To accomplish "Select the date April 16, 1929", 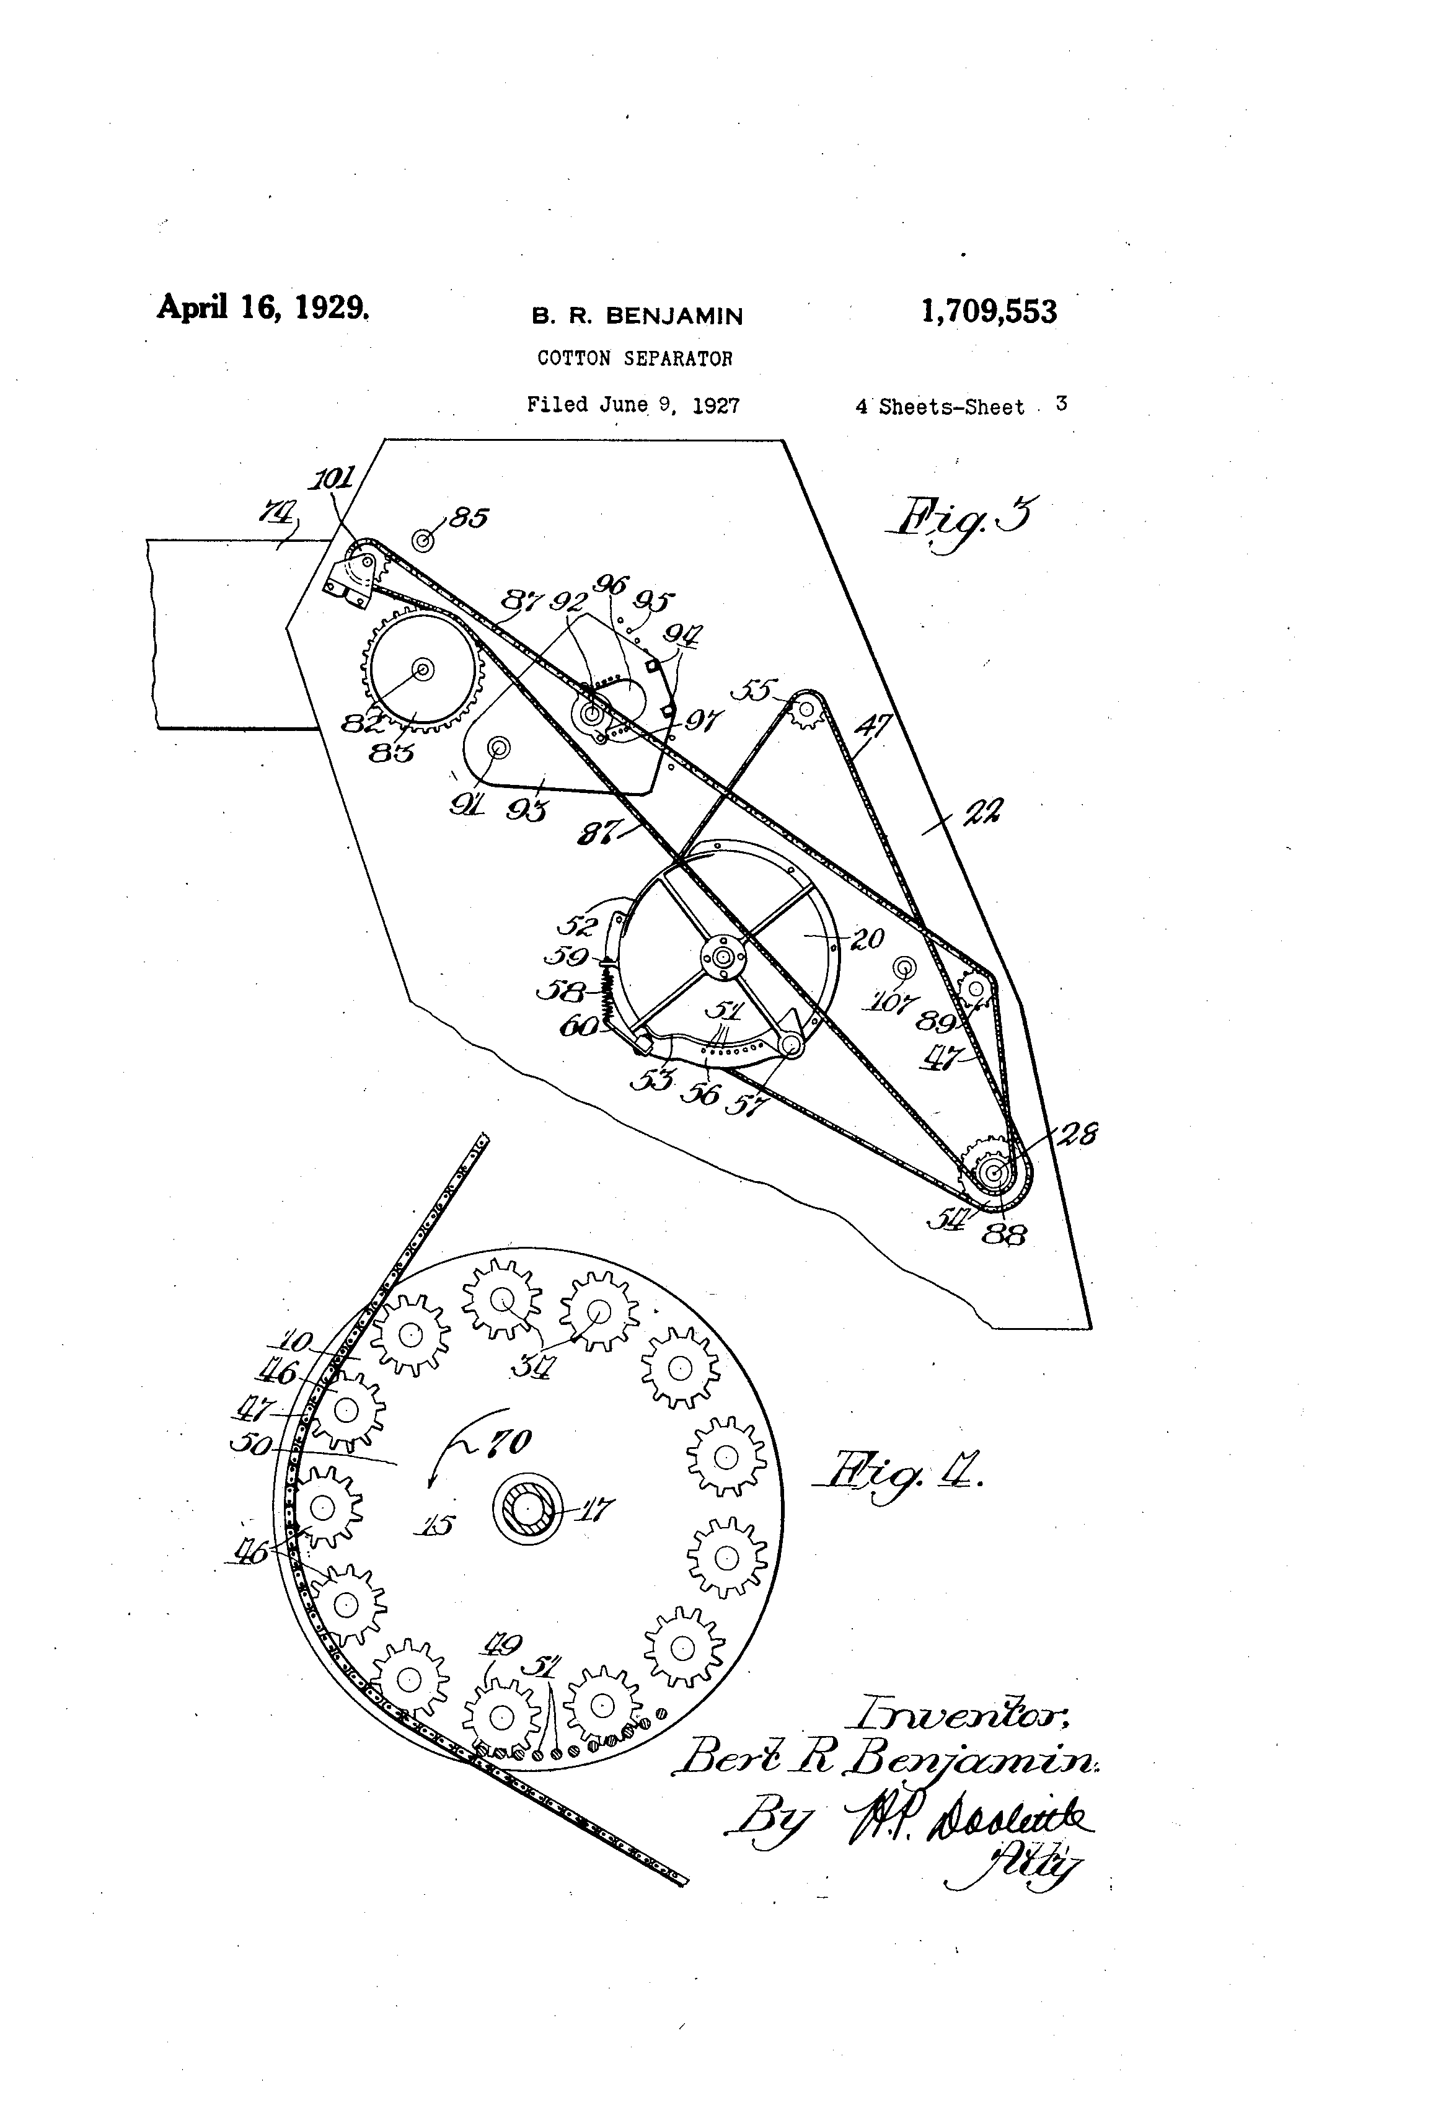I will pos(263,308).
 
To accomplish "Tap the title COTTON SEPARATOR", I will pos(635,358).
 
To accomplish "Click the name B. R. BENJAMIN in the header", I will pos(637,316).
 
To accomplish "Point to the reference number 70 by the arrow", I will pos(510,1443).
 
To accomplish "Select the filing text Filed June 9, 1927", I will pos(633,405).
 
